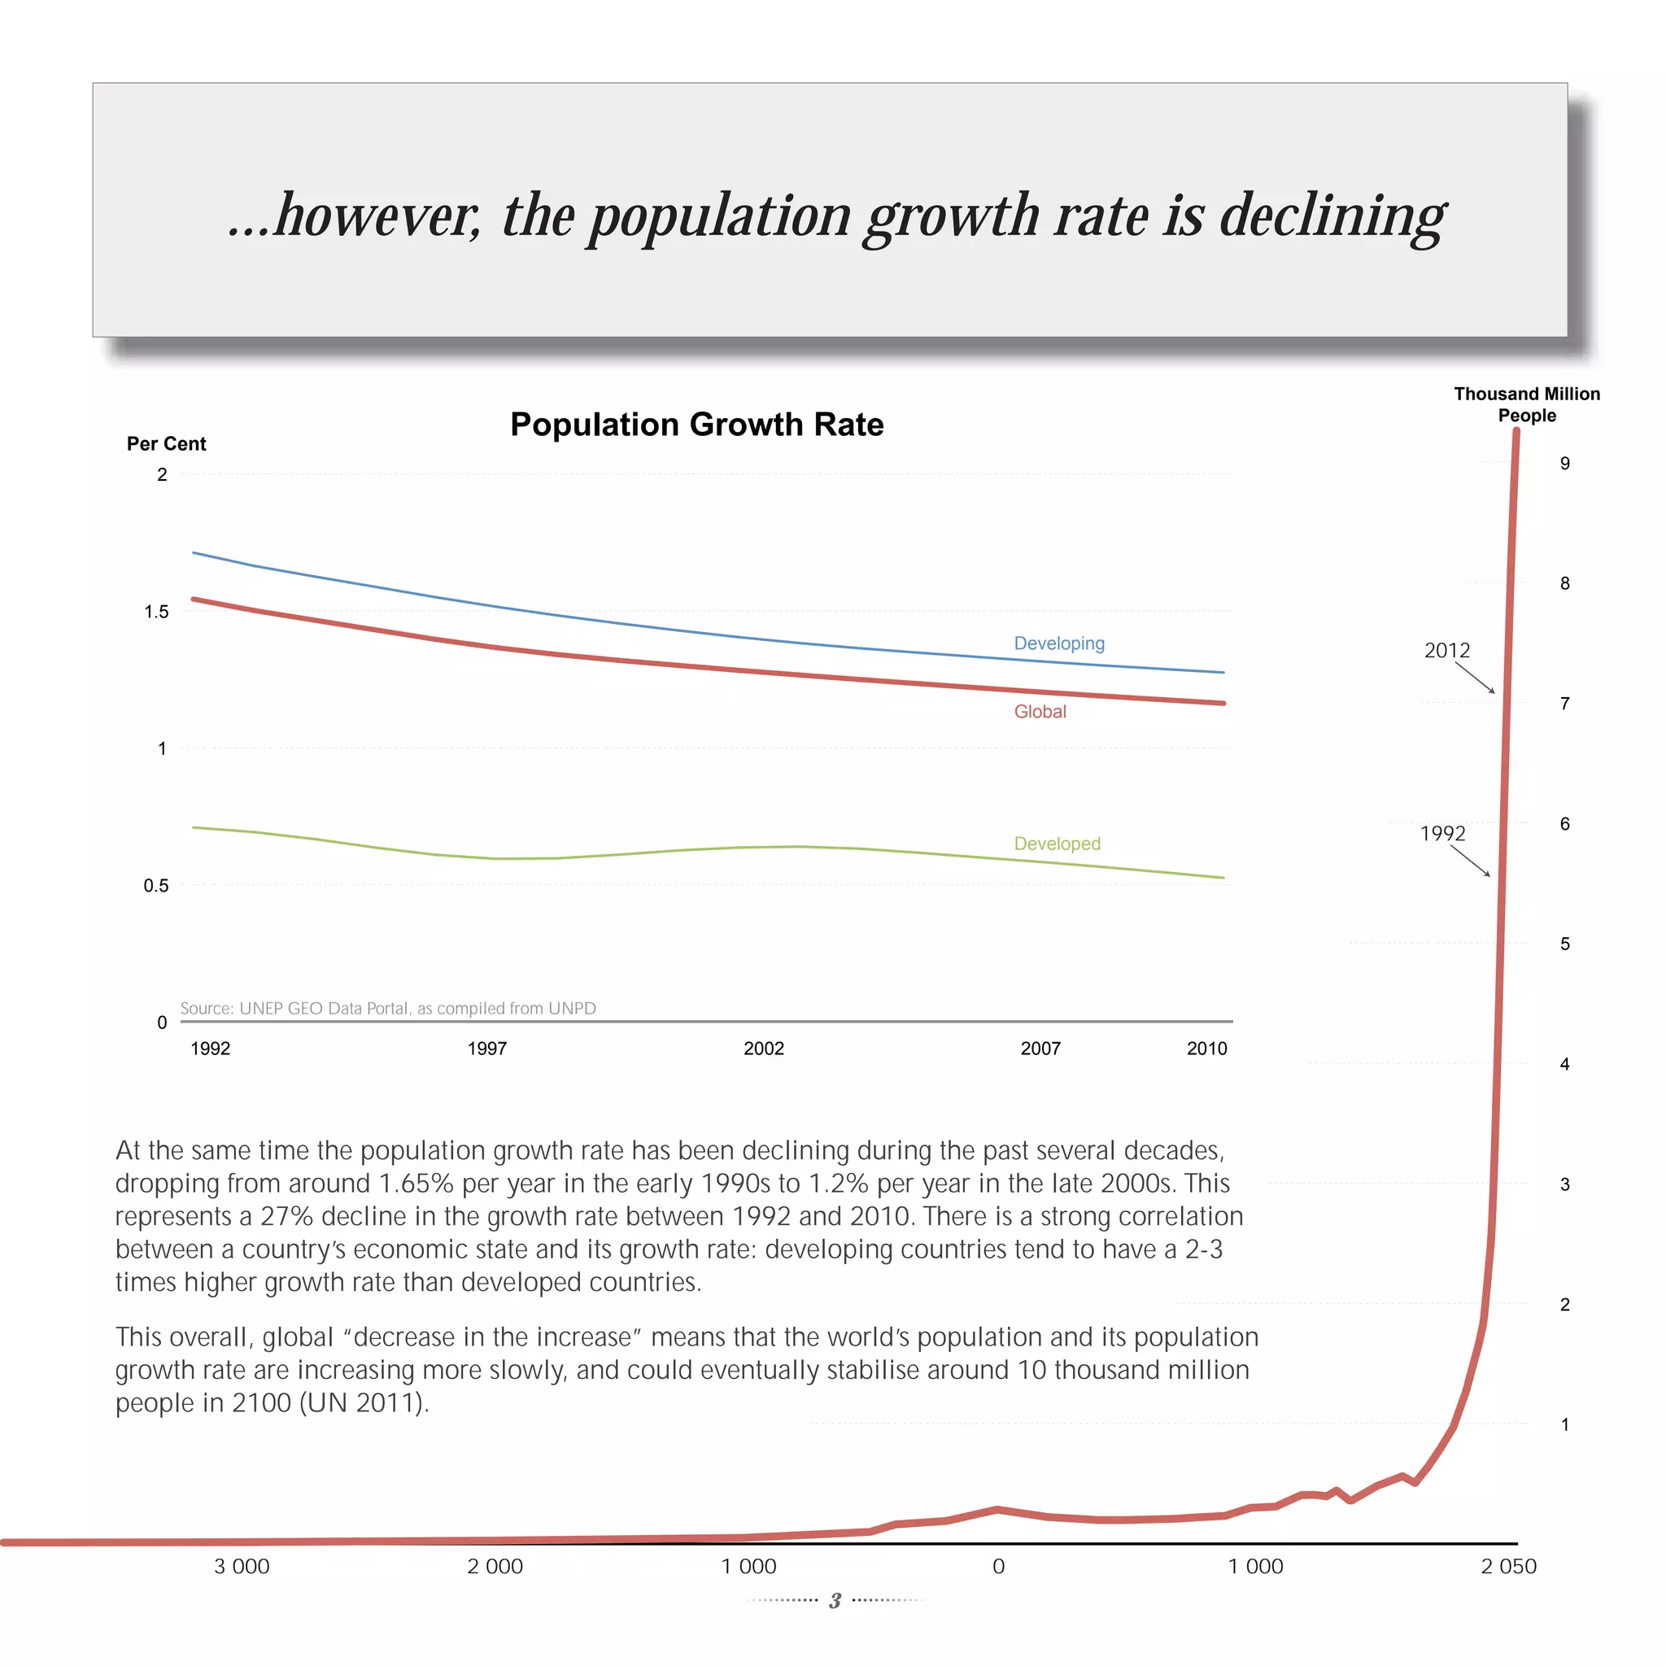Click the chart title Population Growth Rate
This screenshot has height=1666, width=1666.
[x=697, y=425]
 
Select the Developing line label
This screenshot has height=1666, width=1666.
[x=1059, y=643]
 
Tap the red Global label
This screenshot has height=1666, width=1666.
[x=1040, y=712]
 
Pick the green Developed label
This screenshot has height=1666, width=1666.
[x=1058, y=844]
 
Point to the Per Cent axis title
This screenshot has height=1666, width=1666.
[x=167, y=443]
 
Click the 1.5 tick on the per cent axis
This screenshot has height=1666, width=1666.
[x=156, y=612]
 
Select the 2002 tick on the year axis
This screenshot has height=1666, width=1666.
[x=763, y=1049]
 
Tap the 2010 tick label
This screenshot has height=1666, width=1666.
[x=1206, y=1049]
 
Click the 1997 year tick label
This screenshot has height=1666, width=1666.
[x=487, y=1049]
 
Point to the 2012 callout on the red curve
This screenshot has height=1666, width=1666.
[x=1447, y=650]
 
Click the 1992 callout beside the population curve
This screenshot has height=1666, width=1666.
[x=1442, y=833]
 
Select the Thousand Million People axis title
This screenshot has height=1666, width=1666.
[x=1526, y=404]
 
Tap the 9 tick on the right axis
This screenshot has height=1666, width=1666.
[x=1564, y=463]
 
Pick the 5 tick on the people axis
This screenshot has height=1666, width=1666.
[x=1564, y=944]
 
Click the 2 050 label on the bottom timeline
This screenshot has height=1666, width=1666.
[x=1508, y=1567]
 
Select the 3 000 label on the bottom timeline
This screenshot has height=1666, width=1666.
[x=242, y=1567]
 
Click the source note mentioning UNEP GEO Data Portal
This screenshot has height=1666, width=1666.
[x=388, y=1008]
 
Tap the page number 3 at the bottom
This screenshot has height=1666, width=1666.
[x=835, y=1601]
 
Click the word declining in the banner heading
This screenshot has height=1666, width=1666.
[x=1332, y=216]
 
